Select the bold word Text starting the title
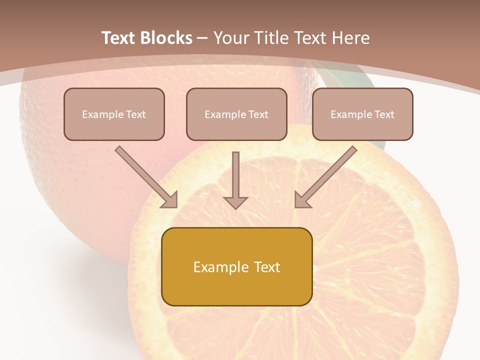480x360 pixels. click(x=120, y=38)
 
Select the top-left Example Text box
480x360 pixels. click(x=114, y=114)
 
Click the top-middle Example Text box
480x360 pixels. click(x=236, y=114)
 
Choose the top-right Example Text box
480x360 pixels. click(x=362, y=114)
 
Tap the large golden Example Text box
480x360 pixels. click(x=236, y=266)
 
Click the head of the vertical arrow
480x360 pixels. click(x=235, y=202)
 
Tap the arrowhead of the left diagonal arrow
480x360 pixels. click(x=170, y=200)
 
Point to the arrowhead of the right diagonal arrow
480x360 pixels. click(x=302, y=200)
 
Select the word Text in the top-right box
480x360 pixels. click(x=384, y=114)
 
